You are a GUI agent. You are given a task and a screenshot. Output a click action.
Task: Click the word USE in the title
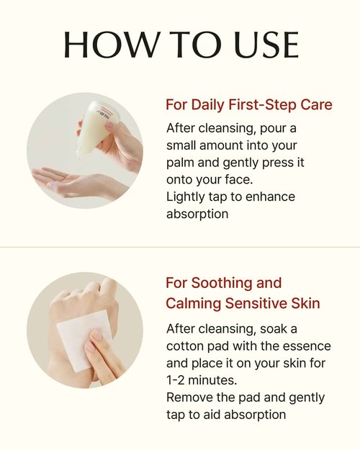point(266,45)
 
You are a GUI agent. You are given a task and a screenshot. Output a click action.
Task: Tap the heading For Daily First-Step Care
point(249,104)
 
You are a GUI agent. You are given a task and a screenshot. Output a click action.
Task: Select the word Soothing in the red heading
point(222,283)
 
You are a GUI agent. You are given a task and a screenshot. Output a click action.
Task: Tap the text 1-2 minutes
point(202,380)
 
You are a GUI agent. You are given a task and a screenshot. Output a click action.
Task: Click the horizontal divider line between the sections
point(180,247)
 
